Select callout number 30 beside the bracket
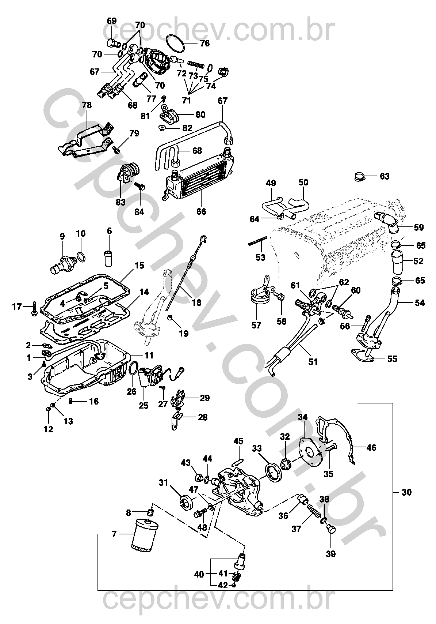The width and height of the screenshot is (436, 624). click(x=406, y=492)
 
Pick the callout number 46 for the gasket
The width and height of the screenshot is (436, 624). click(x=371, y=447)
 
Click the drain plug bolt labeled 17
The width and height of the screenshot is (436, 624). click(x=34, y=308)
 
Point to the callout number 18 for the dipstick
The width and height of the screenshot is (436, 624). click(x=196, y=302)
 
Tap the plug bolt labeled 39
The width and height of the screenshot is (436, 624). click(x=330, y=529)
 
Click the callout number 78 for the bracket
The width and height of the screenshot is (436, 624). click(x=87, y=105)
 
